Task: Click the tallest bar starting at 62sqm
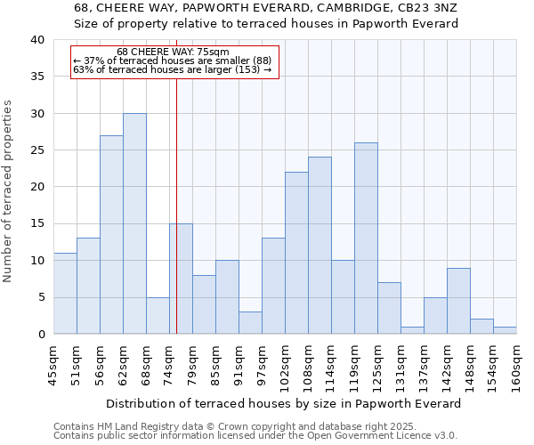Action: tap(134, 223)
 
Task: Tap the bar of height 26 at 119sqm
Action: tap(366, 238)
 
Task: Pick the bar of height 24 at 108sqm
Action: tap(320, 246)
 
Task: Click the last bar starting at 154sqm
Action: tap(505, 330)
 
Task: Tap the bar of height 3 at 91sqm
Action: tap(250, 323)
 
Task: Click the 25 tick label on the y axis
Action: tap(37, 150)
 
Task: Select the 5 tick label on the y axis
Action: tap(41, 297)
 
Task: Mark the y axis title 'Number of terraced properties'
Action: tap(9, 190)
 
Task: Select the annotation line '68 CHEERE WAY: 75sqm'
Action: tap(173, 52)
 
